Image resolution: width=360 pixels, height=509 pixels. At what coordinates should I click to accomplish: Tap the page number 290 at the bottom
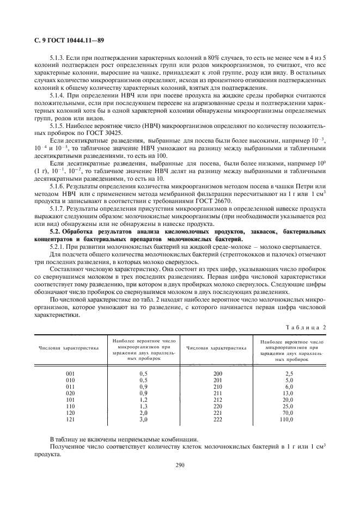point(180,464)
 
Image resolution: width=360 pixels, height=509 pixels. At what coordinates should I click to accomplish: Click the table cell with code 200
point(218,373)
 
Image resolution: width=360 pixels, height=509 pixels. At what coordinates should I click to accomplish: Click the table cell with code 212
point(218,399)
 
